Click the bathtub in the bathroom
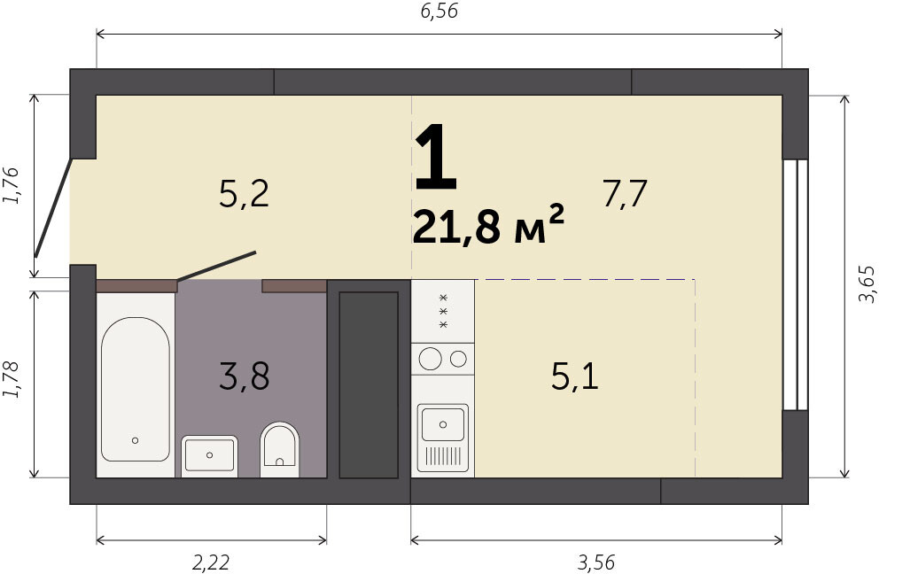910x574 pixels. tap(136, 389)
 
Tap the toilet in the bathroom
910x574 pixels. tap(279, 449)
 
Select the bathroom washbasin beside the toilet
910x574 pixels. tap(209, 455)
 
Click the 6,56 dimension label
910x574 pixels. tap(439, 11)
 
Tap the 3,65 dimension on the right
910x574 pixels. tap(868, 283)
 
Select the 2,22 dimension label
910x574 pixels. tap(211, 562)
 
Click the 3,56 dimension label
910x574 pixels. tap(596, 562)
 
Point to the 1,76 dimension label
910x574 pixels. tap(12, 185)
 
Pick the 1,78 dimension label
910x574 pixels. tap(12, 380)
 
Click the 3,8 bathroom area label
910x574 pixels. tap(245, 376)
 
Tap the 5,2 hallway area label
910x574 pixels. tap(245, 193)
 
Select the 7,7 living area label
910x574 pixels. tap(625, 193)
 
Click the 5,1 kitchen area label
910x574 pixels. tap(574, 376)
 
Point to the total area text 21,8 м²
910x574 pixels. tap(488, 225)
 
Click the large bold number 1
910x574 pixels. tap(437, 157)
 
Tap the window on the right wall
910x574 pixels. tap(795, 283)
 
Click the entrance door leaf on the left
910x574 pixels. tap(53, 207)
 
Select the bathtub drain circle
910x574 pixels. tap(136, 440)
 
